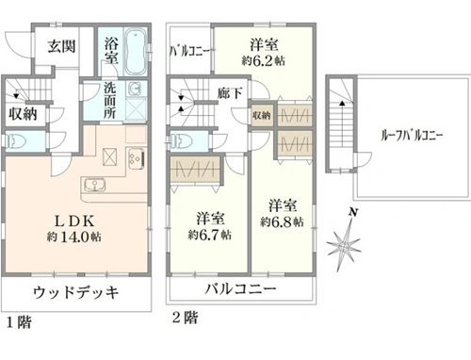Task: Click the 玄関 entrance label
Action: click(x=61, y=46)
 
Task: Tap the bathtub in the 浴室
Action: click(x=136, y=52)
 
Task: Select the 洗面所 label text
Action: click(x=110, y=101)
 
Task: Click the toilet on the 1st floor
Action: click(x=16, y=141)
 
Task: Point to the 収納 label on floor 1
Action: click(x=23, y=114)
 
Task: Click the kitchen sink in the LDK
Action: click(x=94, y=185)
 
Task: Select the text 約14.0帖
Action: click(x=74, y=237)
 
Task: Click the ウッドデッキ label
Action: click(x=75, y=292)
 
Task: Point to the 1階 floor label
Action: click(x=19, y=322)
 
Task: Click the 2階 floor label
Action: click(x=186, y=318)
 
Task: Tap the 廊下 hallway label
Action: click(x=230, y=93)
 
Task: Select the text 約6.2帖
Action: click(x=263, y=60)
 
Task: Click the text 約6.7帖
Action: click(x=210, y=235)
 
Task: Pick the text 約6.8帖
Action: click(x=282, y=221)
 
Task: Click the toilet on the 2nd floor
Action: click(x=181, y=140)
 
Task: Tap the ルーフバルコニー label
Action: click(x=412, y=136)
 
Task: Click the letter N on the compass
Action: click(x=354, y=213)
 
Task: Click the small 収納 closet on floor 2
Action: click(x=262, y=115)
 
